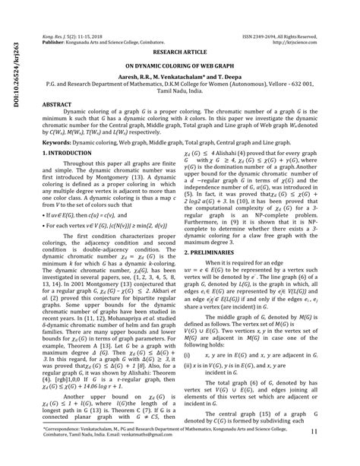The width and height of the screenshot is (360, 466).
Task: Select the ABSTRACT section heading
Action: (x=58, y=101)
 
